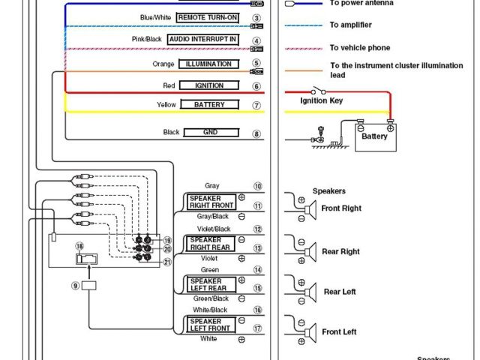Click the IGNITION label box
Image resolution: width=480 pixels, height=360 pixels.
[209, 85]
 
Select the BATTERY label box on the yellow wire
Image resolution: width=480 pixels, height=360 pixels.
[209, 105]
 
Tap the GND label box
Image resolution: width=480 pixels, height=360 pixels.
[210, 133]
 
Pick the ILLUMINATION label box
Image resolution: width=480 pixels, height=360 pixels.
[208, 64]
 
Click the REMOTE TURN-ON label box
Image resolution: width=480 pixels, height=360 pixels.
[208, 17]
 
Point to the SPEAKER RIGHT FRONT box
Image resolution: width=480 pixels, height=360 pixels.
[212, 202]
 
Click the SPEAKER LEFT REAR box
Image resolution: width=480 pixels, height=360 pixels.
[212, 283]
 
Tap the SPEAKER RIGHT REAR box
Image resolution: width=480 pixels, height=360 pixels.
[212, 243]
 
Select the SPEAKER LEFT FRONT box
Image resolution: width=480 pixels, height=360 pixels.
[212, 324]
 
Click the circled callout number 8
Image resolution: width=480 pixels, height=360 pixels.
[256, 133]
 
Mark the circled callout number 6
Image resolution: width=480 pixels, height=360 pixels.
[256, 86]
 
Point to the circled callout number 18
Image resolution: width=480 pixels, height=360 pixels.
[80, 246]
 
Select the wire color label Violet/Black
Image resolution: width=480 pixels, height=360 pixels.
[214, 229]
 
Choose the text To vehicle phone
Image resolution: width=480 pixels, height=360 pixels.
[360, 48]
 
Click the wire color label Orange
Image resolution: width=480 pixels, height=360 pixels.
[163, 64]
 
